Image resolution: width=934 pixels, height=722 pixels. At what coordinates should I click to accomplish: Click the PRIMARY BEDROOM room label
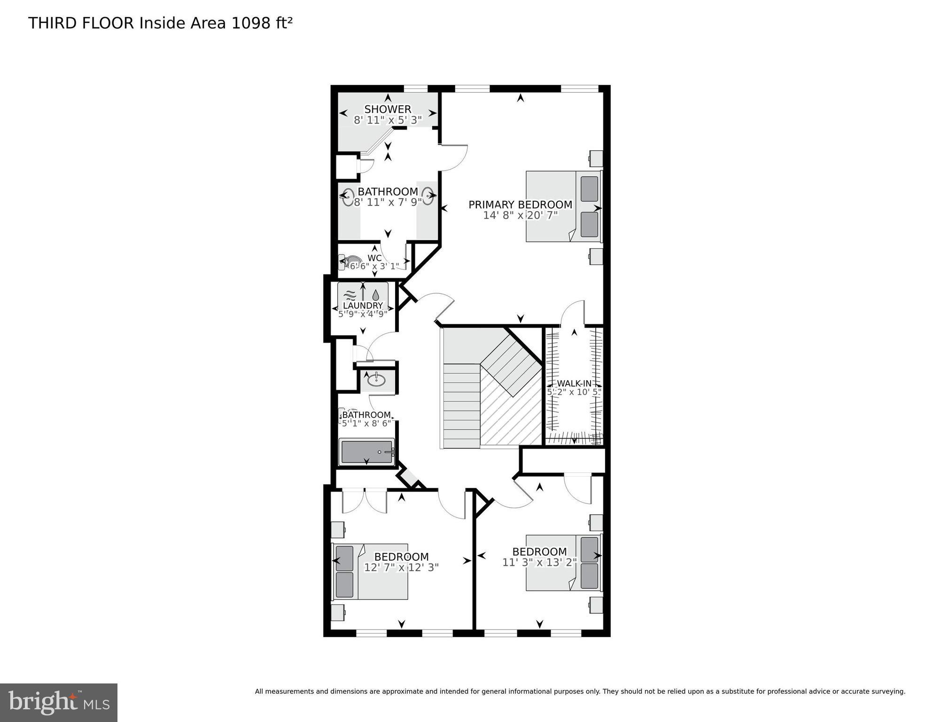pos(520,204)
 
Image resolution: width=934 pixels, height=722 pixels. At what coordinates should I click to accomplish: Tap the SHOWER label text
pos(388,109)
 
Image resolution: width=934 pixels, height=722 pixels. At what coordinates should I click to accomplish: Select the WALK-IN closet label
pos(574,384)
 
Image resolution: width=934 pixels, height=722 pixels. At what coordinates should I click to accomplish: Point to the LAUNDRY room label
pos(363,306)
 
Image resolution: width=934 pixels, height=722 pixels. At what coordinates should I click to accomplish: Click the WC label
pos(374,258)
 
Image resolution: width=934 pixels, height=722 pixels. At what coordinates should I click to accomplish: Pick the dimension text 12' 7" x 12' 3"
pos(401,567)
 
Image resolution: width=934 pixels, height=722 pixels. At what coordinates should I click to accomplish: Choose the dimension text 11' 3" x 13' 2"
pos(539,562)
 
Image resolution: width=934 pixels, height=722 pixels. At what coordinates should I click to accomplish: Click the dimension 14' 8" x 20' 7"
pos(520,215)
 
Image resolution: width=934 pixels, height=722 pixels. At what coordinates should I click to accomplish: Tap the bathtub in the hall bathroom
pos(367,452)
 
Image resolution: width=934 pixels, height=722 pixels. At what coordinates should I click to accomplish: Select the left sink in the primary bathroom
pos(348,197)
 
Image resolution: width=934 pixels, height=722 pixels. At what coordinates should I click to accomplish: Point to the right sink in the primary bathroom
pos(428,196)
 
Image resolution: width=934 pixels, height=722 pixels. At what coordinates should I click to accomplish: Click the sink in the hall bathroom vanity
pos(377,378)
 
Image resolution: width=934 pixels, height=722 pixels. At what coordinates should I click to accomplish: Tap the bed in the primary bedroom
pos(563,206)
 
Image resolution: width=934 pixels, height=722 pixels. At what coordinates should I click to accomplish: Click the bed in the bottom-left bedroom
pos(370,572)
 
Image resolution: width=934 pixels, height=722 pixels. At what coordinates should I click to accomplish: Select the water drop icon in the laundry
pos(376,295)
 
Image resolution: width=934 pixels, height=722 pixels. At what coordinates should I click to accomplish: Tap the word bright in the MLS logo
pos(44,702)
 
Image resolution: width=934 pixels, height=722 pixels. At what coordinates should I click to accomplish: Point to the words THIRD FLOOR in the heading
pos(81,23)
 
